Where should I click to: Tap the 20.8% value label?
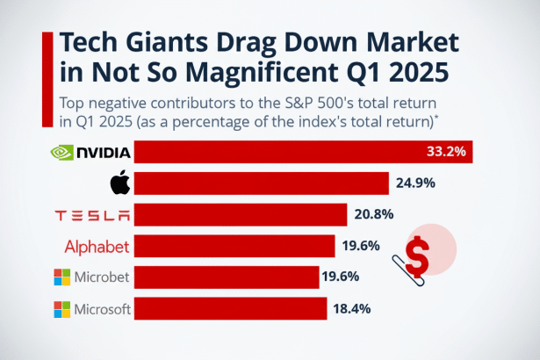click(374, 214)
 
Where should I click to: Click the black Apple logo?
click(119, 184)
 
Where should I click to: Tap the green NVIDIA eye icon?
click(61, 152)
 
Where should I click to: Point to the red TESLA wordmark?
click(92, 215)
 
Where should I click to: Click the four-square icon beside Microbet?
click(61, 278)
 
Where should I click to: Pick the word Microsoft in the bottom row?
click(102, 310)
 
